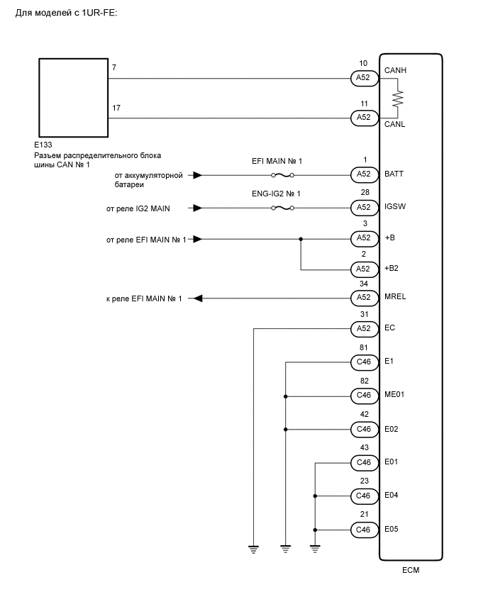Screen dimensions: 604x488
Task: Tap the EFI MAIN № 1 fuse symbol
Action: click(282, 174)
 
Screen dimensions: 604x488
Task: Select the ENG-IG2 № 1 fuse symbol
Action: click(282, 208)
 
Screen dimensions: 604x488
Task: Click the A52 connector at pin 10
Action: click(363, 78)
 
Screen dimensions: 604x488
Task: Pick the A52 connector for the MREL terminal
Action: click(363, 298)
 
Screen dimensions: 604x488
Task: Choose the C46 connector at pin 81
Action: click(363, 362)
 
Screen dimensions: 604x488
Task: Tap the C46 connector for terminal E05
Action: click(363, 529)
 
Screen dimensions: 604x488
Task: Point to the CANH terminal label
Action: click(395, 71)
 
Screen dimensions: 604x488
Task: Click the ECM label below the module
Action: click(410, 569)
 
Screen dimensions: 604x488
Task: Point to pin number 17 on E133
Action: click(116, 108)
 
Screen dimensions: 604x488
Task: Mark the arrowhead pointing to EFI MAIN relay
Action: click(198, 298)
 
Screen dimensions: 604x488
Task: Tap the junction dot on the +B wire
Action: click(301, 239)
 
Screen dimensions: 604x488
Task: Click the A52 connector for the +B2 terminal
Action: click(363, 269)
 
